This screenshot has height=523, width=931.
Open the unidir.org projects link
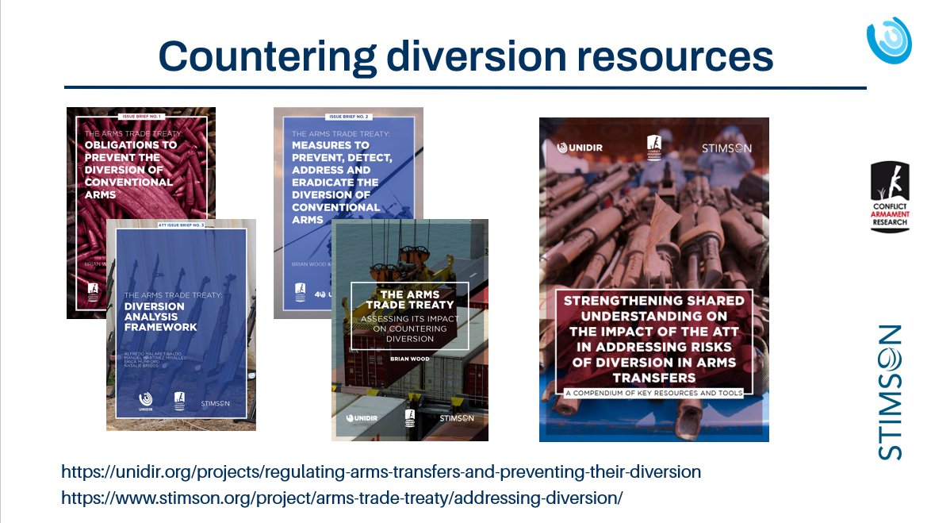pos(381,471)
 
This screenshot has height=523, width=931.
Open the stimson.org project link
pos(342,498)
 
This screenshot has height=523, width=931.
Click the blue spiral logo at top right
pos(889,40)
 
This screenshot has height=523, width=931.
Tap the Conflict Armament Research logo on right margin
pos(888,197)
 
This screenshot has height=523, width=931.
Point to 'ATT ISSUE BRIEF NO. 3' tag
pos(181,226)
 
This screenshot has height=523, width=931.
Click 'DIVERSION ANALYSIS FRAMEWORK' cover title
pos(161,316)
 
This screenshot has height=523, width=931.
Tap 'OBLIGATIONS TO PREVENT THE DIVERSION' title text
pos(130,169)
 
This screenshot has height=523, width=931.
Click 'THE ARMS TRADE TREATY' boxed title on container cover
pos(409,299)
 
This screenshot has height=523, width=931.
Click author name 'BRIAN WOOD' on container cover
pos(409,359)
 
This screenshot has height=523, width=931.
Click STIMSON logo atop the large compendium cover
pos(726,148)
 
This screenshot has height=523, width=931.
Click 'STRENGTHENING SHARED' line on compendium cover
pos(653,301)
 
